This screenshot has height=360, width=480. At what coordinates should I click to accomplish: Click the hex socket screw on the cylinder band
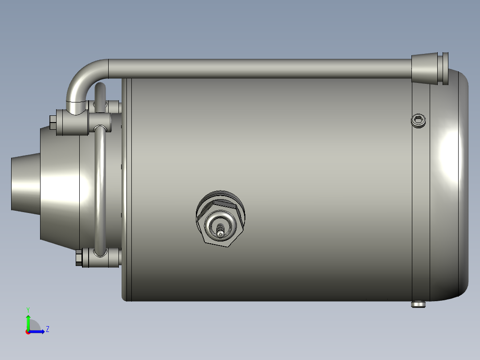(419, 120)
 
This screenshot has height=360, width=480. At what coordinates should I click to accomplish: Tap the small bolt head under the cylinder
(419, 305)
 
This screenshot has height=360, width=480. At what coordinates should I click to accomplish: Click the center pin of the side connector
(220, 230)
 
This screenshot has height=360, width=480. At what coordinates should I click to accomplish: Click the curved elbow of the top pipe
(82, 76)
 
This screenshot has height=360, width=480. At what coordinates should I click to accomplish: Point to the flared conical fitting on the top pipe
(424, 68)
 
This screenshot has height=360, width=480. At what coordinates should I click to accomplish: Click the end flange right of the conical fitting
(444, 68)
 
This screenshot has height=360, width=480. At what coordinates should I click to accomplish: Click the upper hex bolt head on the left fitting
(53, 123)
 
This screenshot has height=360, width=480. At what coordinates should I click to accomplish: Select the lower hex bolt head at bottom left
(79, 258)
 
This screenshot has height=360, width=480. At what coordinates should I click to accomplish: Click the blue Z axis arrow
(37, 331)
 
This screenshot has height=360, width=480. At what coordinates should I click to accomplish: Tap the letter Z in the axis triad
(47, 329)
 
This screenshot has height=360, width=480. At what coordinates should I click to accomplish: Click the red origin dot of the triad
(28, 331)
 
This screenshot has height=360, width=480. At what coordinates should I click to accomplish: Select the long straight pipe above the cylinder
(258, 68)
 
